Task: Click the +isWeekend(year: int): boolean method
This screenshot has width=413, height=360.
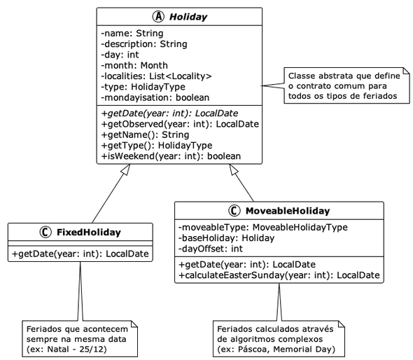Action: [x=171, y=155]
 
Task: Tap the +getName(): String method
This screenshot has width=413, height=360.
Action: [x=146, y=134]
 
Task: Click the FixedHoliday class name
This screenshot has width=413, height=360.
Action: [x=88, y=233]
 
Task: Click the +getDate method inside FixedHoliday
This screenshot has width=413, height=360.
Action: [x=80, y=254]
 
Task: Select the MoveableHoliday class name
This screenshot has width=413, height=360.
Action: [x=287, y=211]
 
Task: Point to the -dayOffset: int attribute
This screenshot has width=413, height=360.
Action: [x=211, y=248]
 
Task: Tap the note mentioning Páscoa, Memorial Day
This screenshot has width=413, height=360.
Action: [x=277, y=338]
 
